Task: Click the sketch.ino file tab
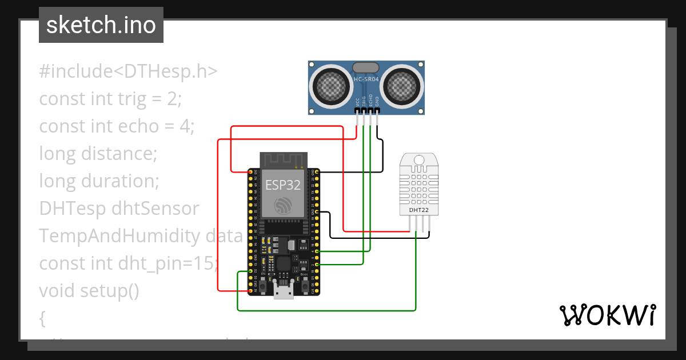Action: click(101, 25)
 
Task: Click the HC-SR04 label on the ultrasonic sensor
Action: click(366, 80)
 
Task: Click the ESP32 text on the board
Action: click(283, 185)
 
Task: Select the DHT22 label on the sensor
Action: click(419, 210)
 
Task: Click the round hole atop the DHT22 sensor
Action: click(419, 159)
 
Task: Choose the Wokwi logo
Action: click(607, 315)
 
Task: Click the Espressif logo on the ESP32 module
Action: click(283, 206)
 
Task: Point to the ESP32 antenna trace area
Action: click(284, 160)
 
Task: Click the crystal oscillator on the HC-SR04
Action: click(366, 67)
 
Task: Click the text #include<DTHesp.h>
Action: click(129, 71)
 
